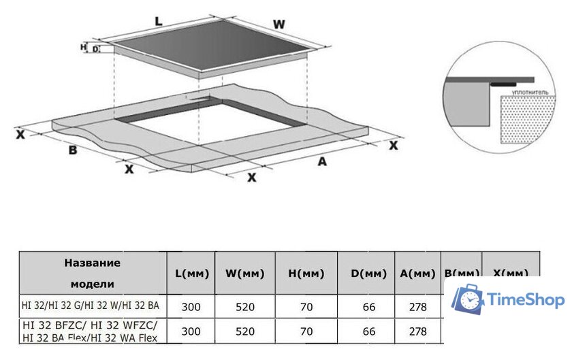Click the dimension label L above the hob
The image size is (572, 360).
(x=158, y=21)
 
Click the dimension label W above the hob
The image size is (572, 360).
(x=279, y=24)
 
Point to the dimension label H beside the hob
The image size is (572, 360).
(x=83, y=47)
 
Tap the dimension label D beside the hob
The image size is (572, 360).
(x=95, y=49)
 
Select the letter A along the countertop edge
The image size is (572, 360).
(x=323, y=161)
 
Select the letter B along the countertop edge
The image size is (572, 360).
(x=72, y=150)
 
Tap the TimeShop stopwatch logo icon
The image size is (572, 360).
(x=469, y=299)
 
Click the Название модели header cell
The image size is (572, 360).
(x=92, y=273)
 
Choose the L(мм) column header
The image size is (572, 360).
(x=191, y=274)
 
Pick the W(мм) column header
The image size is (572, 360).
(x=245, y=274)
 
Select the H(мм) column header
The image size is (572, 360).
(x=306, y=274)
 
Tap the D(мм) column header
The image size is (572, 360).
(x=369, y=274)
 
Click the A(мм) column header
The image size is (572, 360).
(x=417, y=274)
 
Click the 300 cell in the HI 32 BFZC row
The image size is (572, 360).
(x=191, y=331)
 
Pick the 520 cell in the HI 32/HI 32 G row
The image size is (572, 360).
(x=245, y=307)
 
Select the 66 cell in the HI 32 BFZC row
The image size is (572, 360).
(x=369, y=331)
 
